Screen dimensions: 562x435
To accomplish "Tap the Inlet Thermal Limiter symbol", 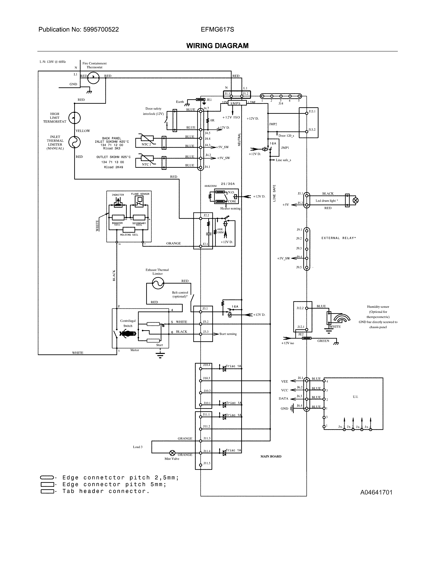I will (x=75, y=142).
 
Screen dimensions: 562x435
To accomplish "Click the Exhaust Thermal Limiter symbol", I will (x=158, y=283).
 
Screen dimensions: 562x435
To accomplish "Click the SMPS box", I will (x=235, y=103).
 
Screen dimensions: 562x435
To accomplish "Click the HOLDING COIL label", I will (x=129, y=235).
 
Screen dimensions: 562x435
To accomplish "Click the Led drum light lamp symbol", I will (x=356, y=200).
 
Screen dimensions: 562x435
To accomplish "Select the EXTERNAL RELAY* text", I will (x=338, y=238).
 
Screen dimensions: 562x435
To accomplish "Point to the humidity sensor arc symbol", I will (x=342, y=318).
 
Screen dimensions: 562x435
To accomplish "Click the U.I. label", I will (x=355, y=397).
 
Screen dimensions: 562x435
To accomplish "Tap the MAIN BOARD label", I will (x=271, y=456).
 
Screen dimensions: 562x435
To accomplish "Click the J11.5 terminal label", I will (x=207, y=463).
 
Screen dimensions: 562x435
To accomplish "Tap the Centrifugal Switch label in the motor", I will (x=128, y=323).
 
